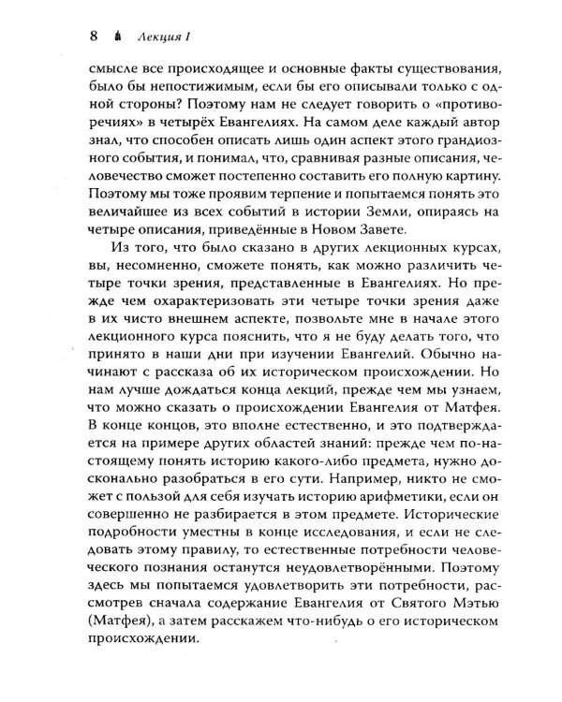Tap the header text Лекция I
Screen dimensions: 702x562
point(163,38)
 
